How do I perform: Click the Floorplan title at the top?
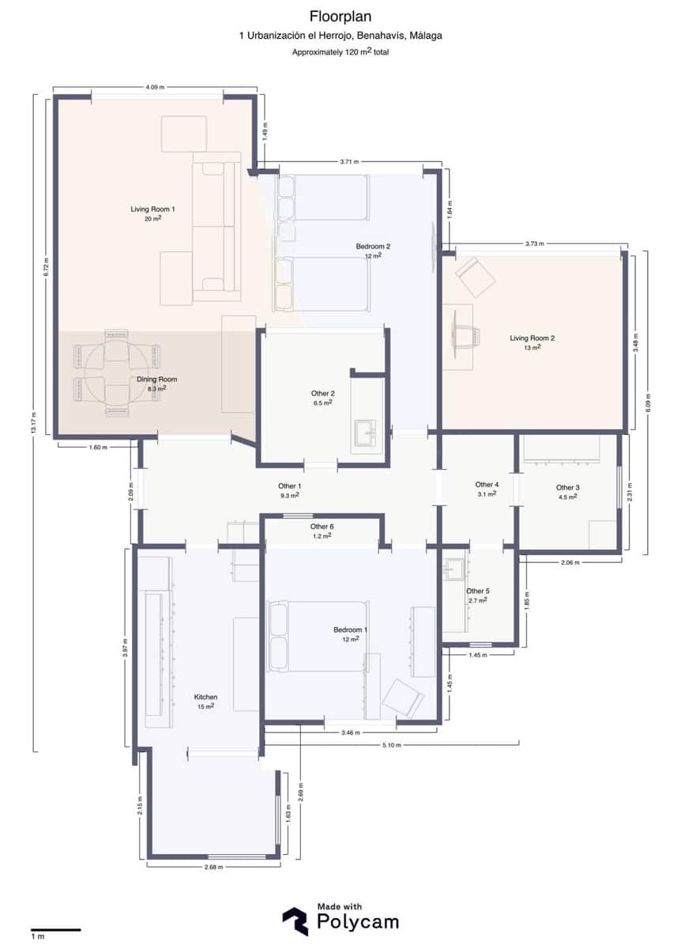[340, 16]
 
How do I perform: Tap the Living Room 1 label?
[152, 210]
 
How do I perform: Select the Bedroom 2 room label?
[373, 247]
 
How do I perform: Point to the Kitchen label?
[205, 698]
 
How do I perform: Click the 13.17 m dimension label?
[33, 423]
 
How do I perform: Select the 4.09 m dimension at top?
[155, 87]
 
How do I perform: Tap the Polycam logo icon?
[295, 921]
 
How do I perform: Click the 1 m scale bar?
[56, 930]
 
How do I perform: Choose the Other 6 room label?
[322, 527]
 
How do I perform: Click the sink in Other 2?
[367, 433]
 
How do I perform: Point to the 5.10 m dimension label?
[392, 745]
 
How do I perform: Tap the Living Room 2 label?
[532, 338]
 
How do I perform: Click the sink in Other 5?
[453, 569]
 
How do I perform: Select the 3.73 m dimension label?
[535, 244]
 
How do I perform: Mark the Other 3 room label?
[567, 488]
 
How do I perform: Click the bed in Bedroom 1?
[318, 636]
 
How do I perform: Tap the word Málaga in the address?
[423, 36]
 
